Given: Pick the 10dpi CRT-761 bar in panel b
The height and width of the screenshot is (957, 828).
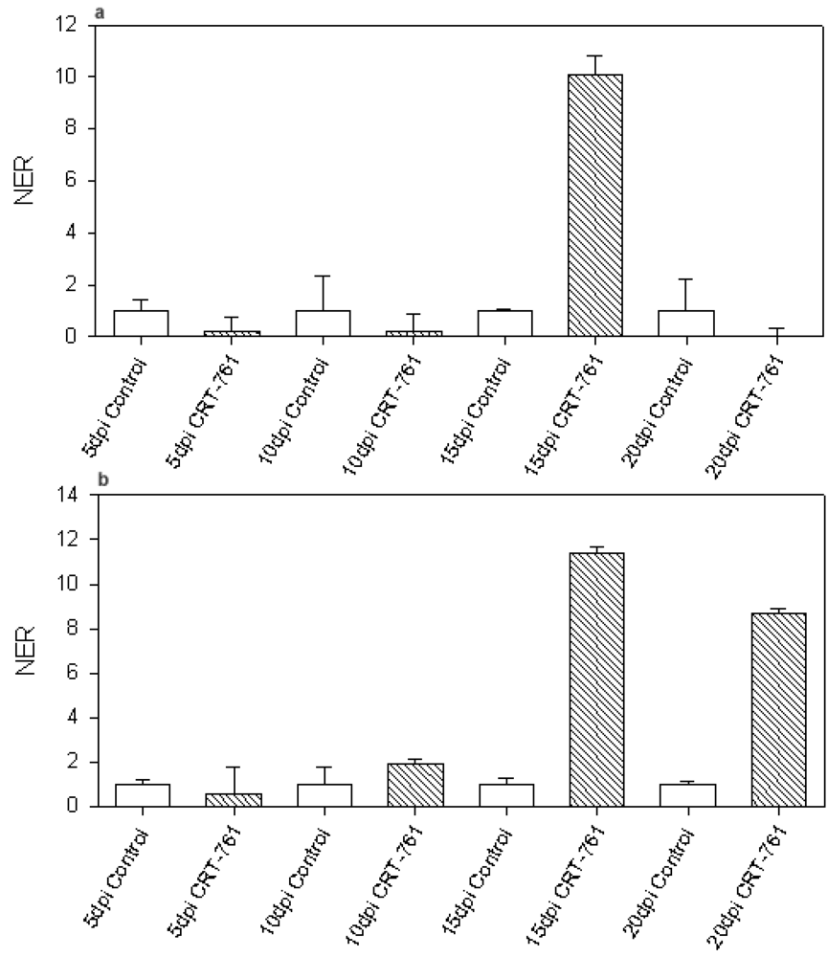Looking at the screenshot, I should point(414,785).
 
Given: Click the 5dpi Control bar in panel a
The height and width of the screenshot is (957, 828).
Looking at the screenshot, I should point(141,323).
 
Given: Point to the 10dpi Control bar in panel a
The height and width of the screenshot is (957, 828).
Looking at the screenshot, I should point(323,323).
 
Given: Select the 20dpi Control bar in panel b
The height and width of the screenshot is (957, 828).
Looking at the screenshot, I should point(686,795).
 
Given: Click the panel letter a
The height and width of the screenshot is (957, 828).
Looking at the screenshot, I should point(100,11).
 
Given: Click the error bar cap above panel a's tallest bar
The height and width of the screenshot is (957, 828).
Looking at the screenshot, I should point(595,56).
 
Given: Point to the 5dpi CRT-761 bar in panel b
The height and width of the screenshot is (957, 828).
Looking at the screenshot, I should point(232,800).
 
